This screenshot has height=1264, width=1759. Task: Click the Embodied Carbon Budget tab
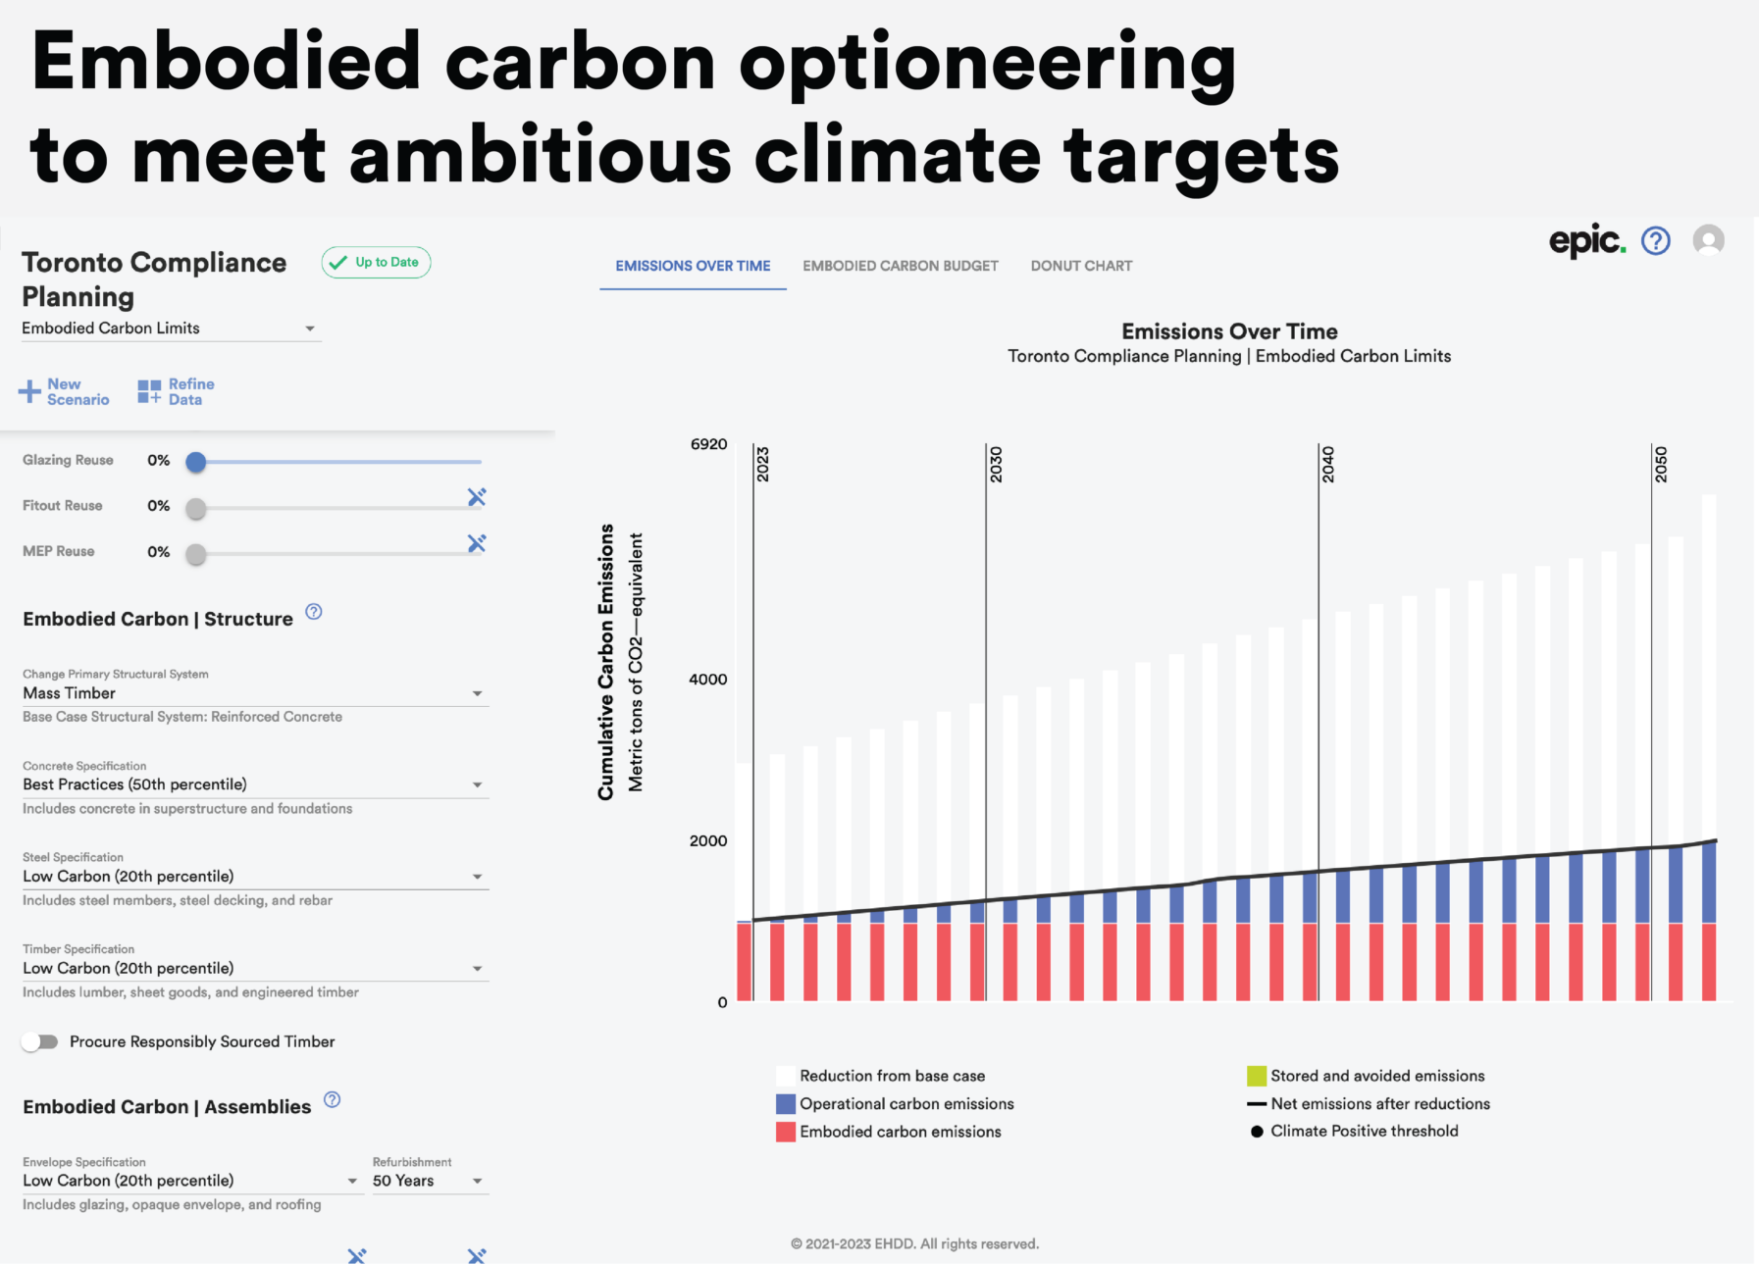click(900, 266)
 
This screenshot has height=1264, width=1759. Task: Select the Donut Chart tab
click(1081, 266)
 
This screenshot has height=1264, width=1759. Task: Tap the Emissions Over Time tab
click(693, 266)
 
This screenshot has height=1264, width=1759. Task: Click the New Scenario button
click(65, 392)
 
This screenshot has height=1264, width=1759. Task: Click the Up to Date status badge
click(376, 262)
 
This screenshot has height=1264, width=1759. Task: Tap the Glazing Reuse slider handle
click(196, 462)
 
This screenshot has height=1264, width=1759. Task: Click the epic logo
click(1585, 240)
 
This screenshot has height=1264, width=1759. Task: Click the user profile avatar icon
click(1708, 240)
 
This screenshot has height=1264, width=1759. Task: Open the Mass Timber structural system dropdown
click(254, 693)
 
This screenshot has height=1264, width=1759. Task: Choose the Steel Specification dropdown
click(254, 877)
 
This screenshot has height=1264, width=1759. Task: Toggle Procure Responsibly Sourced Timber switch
click(40, 1041)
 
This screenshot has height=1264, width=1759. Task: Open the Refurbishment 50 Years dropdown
click(428, 1181)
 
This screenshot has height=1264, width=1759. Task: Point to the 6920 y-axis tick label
click(708, 444)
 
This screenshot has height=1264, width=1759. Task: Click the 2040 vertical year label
click(1327, 464)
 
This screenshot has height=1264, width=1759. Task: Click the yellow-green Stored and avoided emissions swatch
click(1256, 1076)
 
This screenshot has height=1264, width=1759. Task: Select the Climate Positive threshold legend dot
click(1257, 1132)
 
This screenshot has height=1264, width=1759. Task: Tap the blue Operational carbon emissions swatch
click(785, 1104)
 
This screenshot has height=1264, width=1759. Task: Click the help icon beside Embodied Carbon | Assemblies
click(333, 1099)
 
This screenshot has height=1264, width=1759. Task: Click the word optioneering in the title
click(987, 61)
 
